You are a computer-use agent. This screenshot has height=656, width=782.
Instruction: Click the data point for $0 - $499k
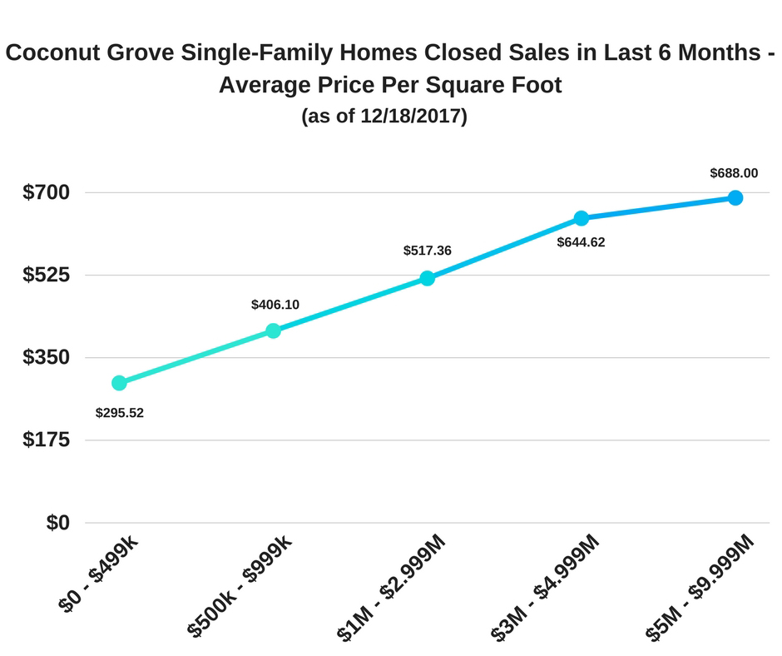(119, 383)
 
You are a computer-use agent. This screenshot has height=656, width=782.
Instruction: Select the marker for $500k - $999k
(273, 330)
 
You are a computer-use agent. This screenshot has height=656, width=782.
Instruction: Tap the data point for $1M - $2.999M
(427, 278)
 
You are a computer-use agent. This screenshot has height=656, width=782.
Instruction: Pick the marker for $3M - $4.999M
(582, 218)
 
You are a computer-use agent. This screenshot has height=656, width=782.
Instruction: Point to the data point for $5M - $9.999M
(735, 197)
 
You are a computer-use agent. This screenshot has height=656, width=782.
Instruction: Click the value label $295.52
(120, 412)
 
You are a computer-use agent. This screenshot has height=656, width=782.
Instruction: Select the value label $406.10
(275, 305)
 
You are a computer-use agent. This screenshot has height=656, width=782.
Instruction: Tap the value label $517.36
(427, 250)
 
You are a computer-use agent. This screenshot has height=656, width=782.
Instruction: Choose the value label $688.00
(734, 173)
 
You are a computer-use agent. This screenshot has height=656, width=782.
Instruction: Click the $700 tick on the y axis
(46, 192)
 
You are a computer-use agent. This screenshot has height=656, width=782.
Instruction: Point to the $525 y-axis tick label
(46, 275)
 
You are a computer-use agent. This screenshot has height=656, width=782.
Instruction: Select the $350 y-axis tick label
(46, 357)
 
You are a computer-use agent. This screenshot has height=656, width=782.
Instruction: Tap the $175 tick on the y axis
(46, 440)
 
